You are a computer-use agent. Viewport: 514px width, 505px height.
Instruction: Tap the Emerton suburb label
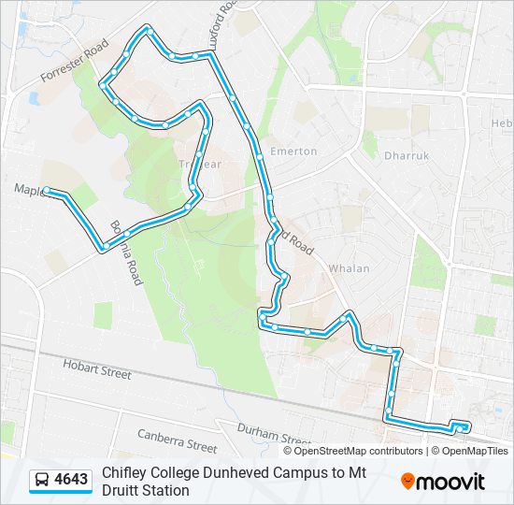point(293,151)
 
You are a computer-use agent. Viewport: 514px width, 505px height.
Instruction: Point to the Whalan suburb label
point(349,268)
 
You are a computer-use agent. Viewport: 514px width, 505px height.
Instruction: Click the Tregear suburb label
point(199,165)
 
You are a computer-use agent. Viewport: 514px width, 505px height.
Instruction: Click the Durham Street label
point(273,435)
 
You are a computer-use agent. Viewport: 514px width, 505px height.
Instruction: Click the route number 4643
point(72,481)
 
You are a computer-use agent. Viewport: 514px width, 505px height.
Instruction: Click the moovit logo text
point(450,482)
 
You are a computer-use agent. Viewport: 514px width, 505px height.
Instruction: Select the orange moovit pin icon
point(407,482)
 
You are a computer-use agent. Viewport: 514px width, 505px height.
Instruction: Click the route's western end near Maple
point(47,192)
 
